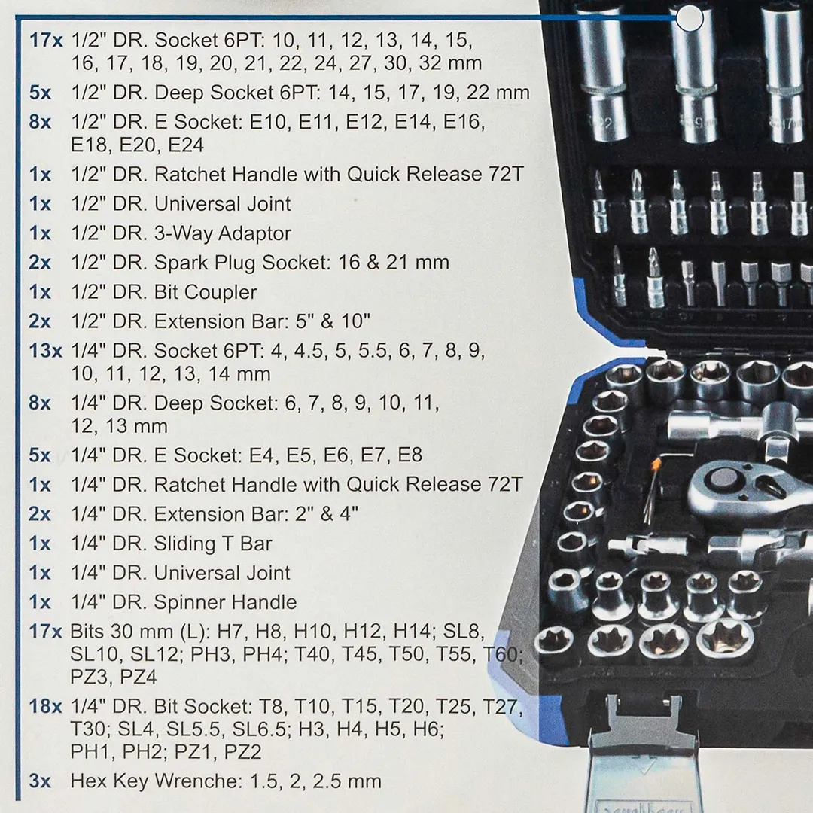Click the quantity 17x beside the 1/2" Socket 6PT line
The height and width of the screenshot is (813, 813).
coord(46,39)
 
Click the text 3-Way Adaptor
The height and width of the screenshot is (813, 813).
coord(223,233)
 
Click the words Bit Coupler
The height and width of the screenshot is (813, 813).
coord(206,292)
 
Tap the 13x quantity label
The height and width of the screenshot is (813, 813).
coord(46,351)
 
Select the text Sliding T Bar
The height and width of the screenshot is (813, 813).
coord(213,544)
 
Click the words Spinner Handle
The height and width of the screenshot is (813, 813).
coord(226,602)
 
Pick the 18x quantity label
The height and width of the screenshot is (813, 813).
coord(46,707)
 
